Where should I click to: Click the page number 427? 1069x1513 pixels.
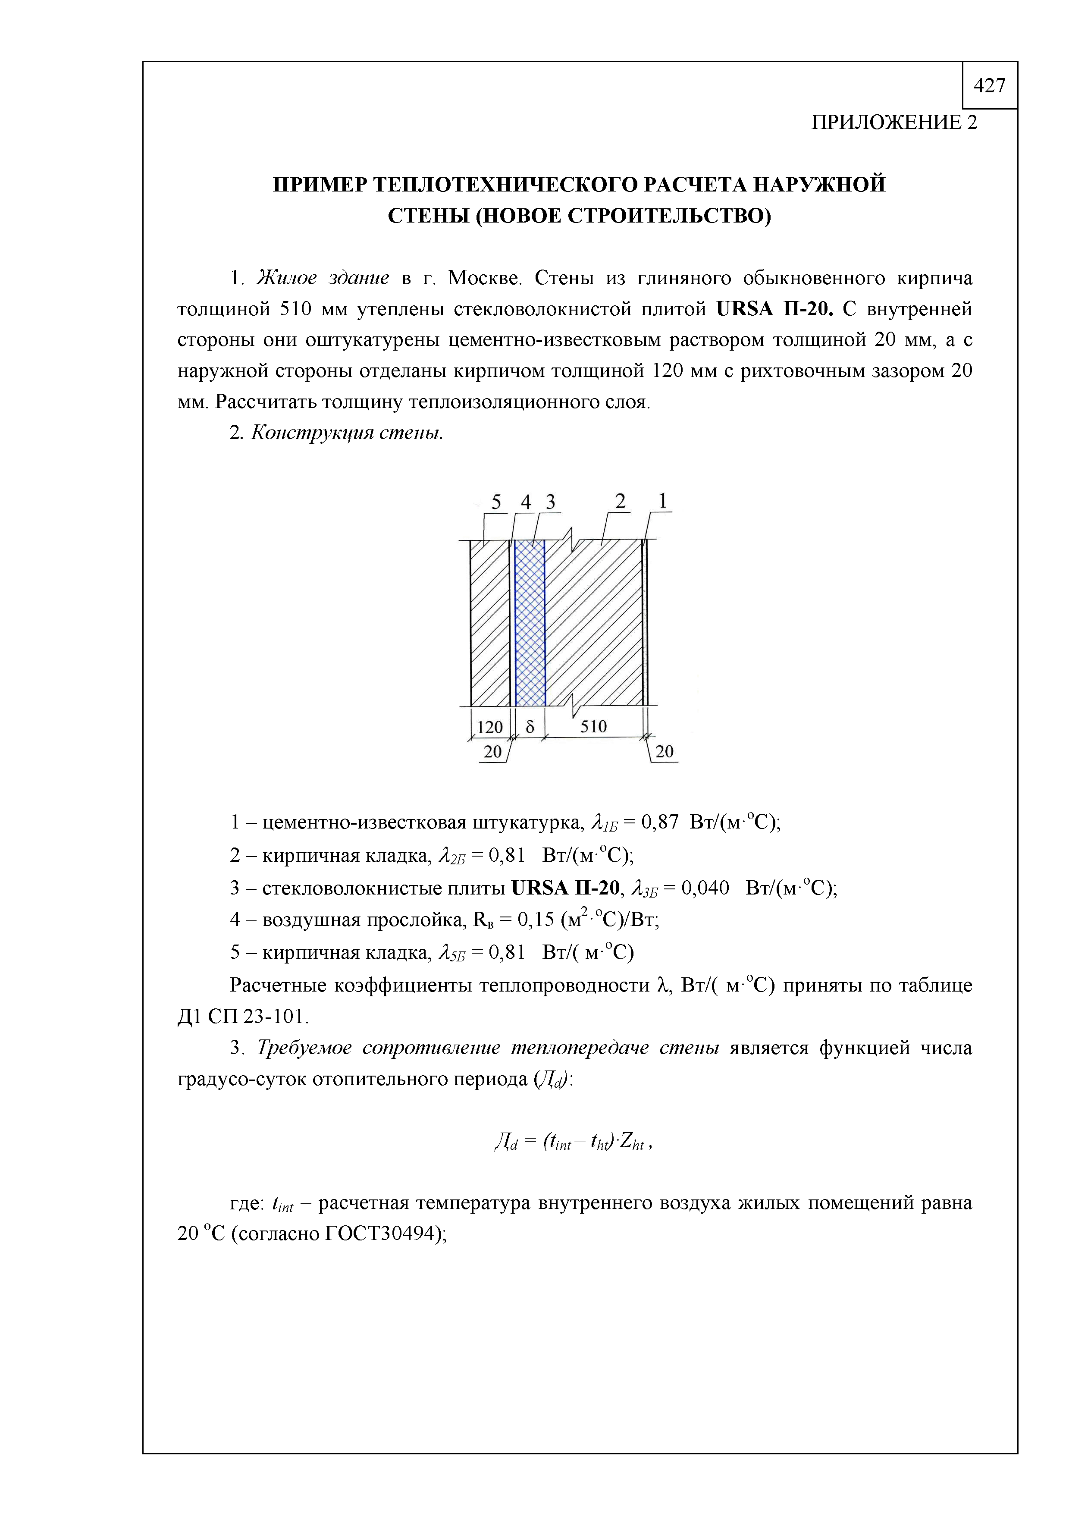989,86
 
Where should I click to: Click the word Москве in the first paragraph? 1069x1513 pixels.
484,278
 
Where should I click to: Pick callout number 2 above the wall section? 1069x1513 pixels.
620,502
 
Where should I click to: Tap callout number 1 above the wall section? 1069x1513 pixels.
663,502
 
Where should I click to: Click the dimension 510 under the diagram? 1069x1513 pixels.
593,727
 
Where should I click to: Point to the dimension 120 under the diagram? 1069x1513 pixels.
489,728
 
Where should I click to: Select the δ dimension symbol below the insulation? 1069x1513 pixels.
529,727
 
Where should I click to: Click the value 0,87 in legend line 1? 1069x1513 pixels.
659,822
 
